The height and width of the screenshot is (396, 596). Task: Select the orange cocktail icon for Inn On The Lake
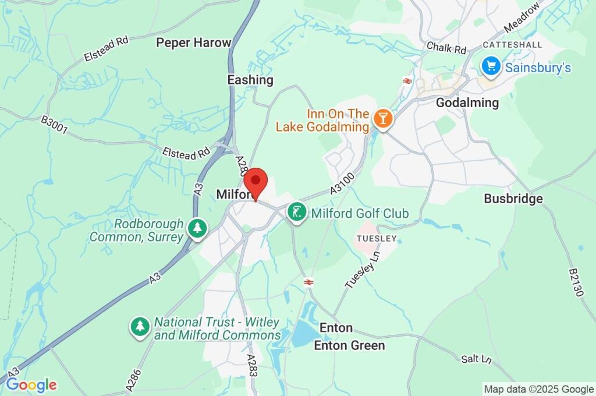click(x=383, y=118)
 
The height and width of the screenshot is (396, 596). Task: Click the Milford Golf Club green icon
click(x=297, y=214)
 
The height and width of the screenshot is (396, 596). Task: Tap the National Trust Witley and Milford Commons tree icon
click(x=140, y=327)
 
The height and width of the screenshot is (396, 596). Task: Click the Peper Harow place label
click(x=193, y=43)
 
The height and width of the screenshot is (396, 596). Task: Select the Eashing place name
click(x=250, y=80)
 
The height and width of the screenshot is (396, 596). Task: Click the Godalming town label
click(x=467, y=103)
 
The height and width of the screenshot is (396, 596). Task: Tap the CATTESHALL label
click(x=512, y=45)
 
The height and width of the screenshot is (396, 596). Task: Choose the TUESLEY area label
click(x=377, y=239)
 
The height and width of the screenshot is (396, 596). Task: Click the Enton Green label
click(x=349, y=345)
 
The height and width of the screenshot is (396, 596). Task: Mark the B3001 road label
click(x=54, y=124)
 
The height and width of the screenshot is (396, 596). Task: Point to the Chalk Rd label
click(x=446, y=46)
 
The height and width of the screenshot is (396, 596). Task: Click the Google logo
click(x=31, y=385)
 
